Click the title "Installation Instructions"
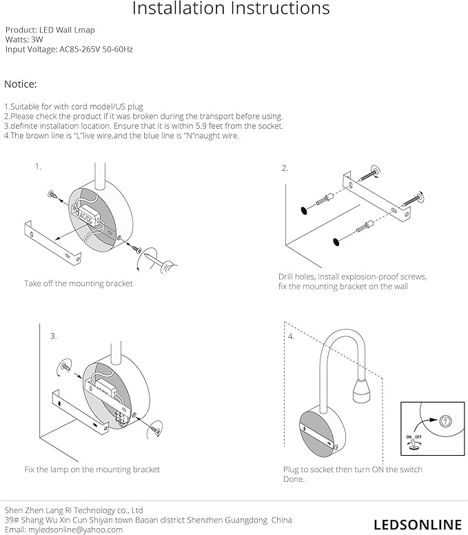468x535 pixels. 230,10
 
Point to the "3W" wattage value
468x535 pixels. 37,41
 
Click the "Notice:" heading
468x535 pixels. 21,84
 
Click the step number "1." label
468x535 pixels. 39,166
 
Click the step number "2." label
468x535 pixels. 285,168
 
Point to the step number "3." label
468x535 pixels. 53,336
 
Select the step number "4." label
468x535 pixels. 291,336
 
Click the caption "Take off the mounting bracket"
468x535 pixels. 79,283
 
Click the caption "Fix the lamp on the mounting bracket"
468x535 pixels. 92,470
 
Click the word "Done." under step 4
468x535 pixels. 294,479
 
